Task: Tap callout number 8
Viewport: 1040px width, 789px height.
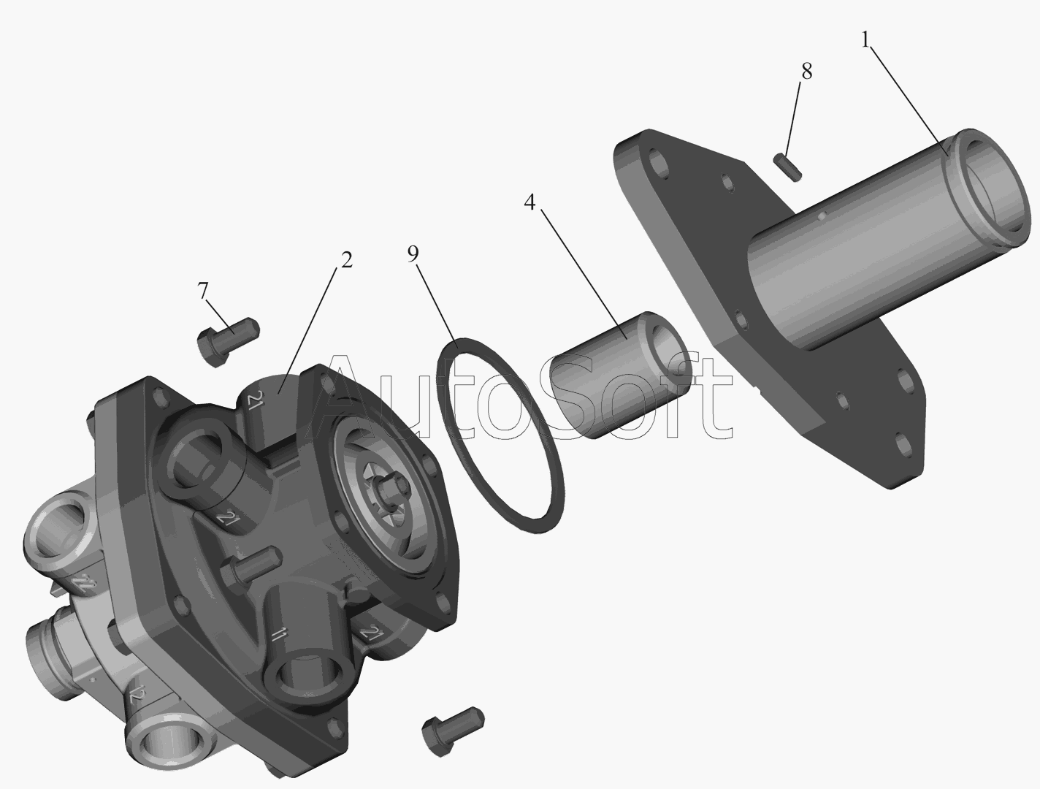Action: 806,71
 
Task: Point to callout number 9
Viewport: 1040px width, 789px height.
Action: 413,254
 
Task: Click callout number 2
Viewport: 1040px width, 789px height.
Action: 346,259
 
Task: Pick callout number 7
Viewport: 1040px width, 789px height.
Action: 203,291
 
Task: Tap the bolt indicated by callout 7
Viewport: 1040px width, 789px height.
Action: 227,341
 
